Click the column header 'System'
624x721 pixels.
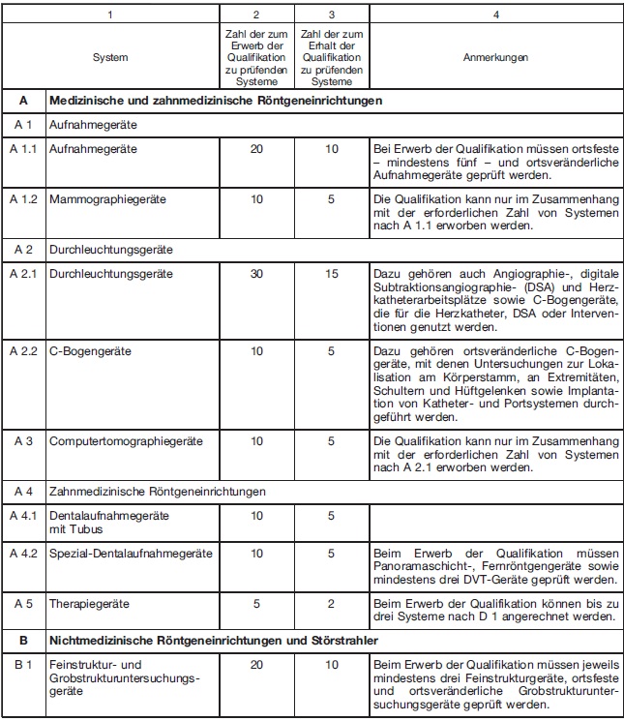coord(109,58)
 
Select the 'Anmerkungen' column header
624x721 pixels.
coord(494,58)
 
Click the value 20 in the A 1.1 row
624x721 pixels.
coord(255,150)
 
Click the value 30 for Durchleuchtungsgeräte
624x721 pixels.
coord(255,274)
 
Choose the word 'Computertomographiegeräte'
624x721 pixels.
coord(126,440)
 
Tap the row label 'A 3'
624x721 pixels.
coord(23,440)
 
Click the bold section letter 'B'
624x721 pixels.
coord(23,640)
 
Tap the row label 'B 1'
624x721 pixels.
coord(23,665)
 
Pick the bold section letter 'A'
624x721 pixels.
coord(23,100)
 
